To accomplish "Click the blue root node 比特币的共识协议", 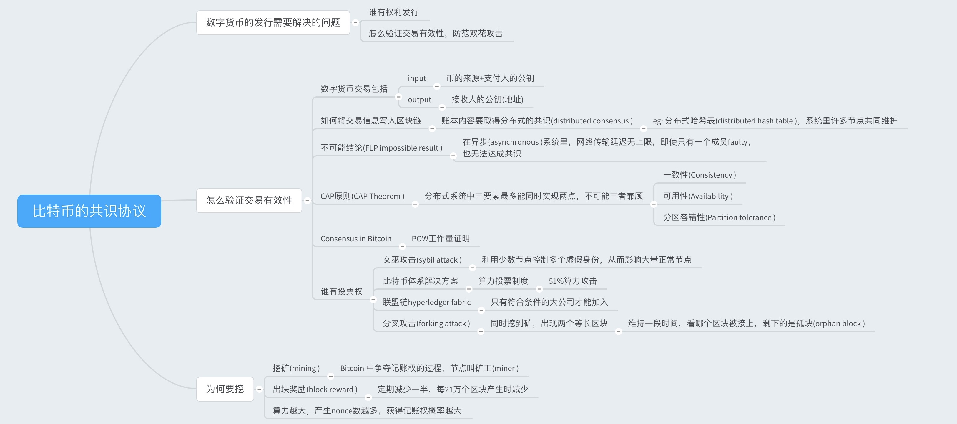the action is pos(89,211).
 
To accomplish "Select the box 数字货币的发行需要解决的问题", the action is pos(273,23).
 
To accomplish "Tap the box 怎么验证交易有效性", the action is pos(249,200).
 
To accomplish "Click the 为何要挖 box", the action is pos(225,389).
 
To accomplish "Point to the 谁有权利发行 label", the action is pos(393,12).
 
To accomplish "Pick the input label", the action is pos(417,78).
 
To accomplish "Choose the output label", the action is pos(419,100).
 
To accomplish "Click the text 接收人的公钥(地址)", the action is pos(487,100).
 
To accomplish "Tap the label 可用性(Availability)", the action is pos(698,196).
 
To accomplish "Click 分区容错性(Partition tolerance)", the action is pos(719,217).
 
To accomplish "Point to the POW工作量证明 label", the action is pos(440,239).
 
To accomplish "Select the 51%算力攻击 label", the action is pos(572,281).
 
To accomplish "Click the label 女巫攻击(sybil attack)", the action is pos(422,260).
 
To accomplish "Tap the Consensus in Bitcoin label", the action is pos(355,239).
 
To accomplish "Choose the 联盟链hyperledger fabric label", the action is pos(426,302).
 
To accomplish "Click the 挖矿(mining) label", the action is pos(296,368).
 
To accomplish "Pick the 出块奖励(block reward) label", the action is pos(315,390).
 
